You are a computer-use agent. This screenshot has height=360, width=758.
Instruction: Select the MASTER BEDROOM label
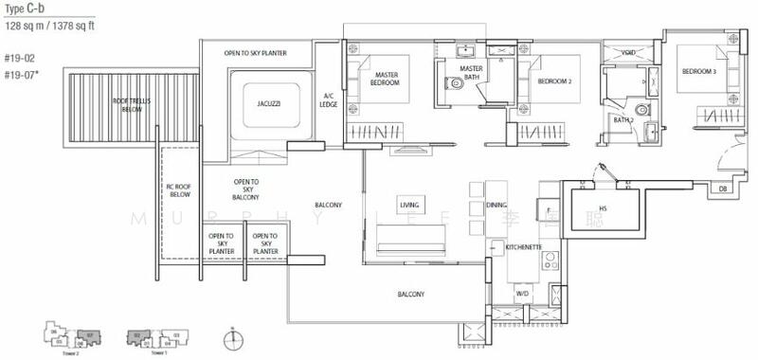386,79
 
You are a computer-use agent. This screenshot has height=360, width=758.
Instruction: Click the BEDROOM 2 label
554,82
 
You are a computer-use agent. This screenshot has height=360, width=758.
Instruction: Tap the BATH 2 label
623,120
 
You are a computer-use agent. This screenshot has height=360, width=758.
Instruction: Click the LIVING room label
410,205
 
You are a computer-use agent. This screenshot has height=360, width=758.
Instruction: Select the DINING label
496,205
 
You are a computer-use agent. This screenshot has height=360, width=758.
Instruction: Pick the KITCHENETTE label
523,245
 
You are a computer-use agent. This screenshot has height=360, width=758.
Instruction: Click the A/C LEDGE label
329,99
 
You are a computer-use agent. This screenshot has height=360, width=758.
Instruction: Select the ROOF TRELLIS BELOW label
131,104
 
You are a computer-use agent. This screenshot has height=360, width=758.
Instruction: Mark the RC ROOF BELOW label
179,190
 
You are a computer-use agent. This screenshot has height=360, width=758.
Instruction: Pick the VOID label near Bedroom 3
628,54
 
